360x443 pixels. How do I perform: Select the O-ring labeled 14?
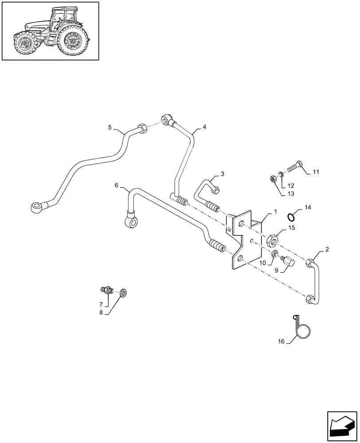pos(292,217)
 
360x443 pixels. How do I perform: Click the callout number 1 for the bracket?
pos(275,212)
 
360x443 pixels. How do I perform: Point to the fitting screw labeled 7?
pos(106,291)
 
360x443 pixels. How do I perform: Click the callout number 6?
pos(116,186)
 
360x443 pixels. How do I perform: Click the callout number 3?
pos(223,174)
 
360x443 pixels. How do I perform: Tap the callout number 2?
pos(327,250)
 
